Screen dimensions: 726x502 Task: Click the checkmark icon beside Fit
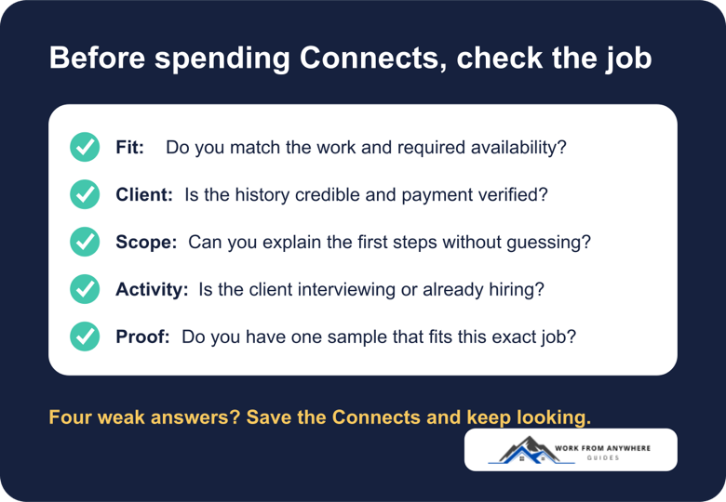85,147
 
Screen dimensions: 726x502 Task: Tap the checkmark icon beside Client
85,194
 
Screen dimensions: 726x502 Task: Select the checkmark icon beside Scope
85,242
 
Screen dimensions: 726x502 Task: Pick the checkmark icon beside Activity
85,289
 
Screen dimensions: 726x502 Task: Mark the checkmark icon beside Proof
85,337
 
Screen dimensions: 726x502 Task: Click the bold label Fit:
129,148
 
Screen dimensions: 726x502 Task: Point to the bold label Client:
144,194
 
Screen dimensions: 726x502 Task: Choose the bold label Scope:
146,243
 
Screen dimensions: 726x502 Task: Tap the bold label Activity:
152,290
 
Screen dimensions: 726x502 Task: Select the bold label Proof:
142,337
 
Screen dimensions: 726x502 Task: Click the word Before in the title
97,58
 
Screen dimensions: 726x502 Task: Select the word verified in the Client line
513,194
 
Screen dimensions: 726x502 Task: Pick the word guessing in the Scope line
548,243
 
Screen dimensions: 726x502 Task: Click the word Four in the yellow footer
71,417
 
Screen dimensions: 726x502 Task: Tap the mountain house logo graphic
531,450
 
